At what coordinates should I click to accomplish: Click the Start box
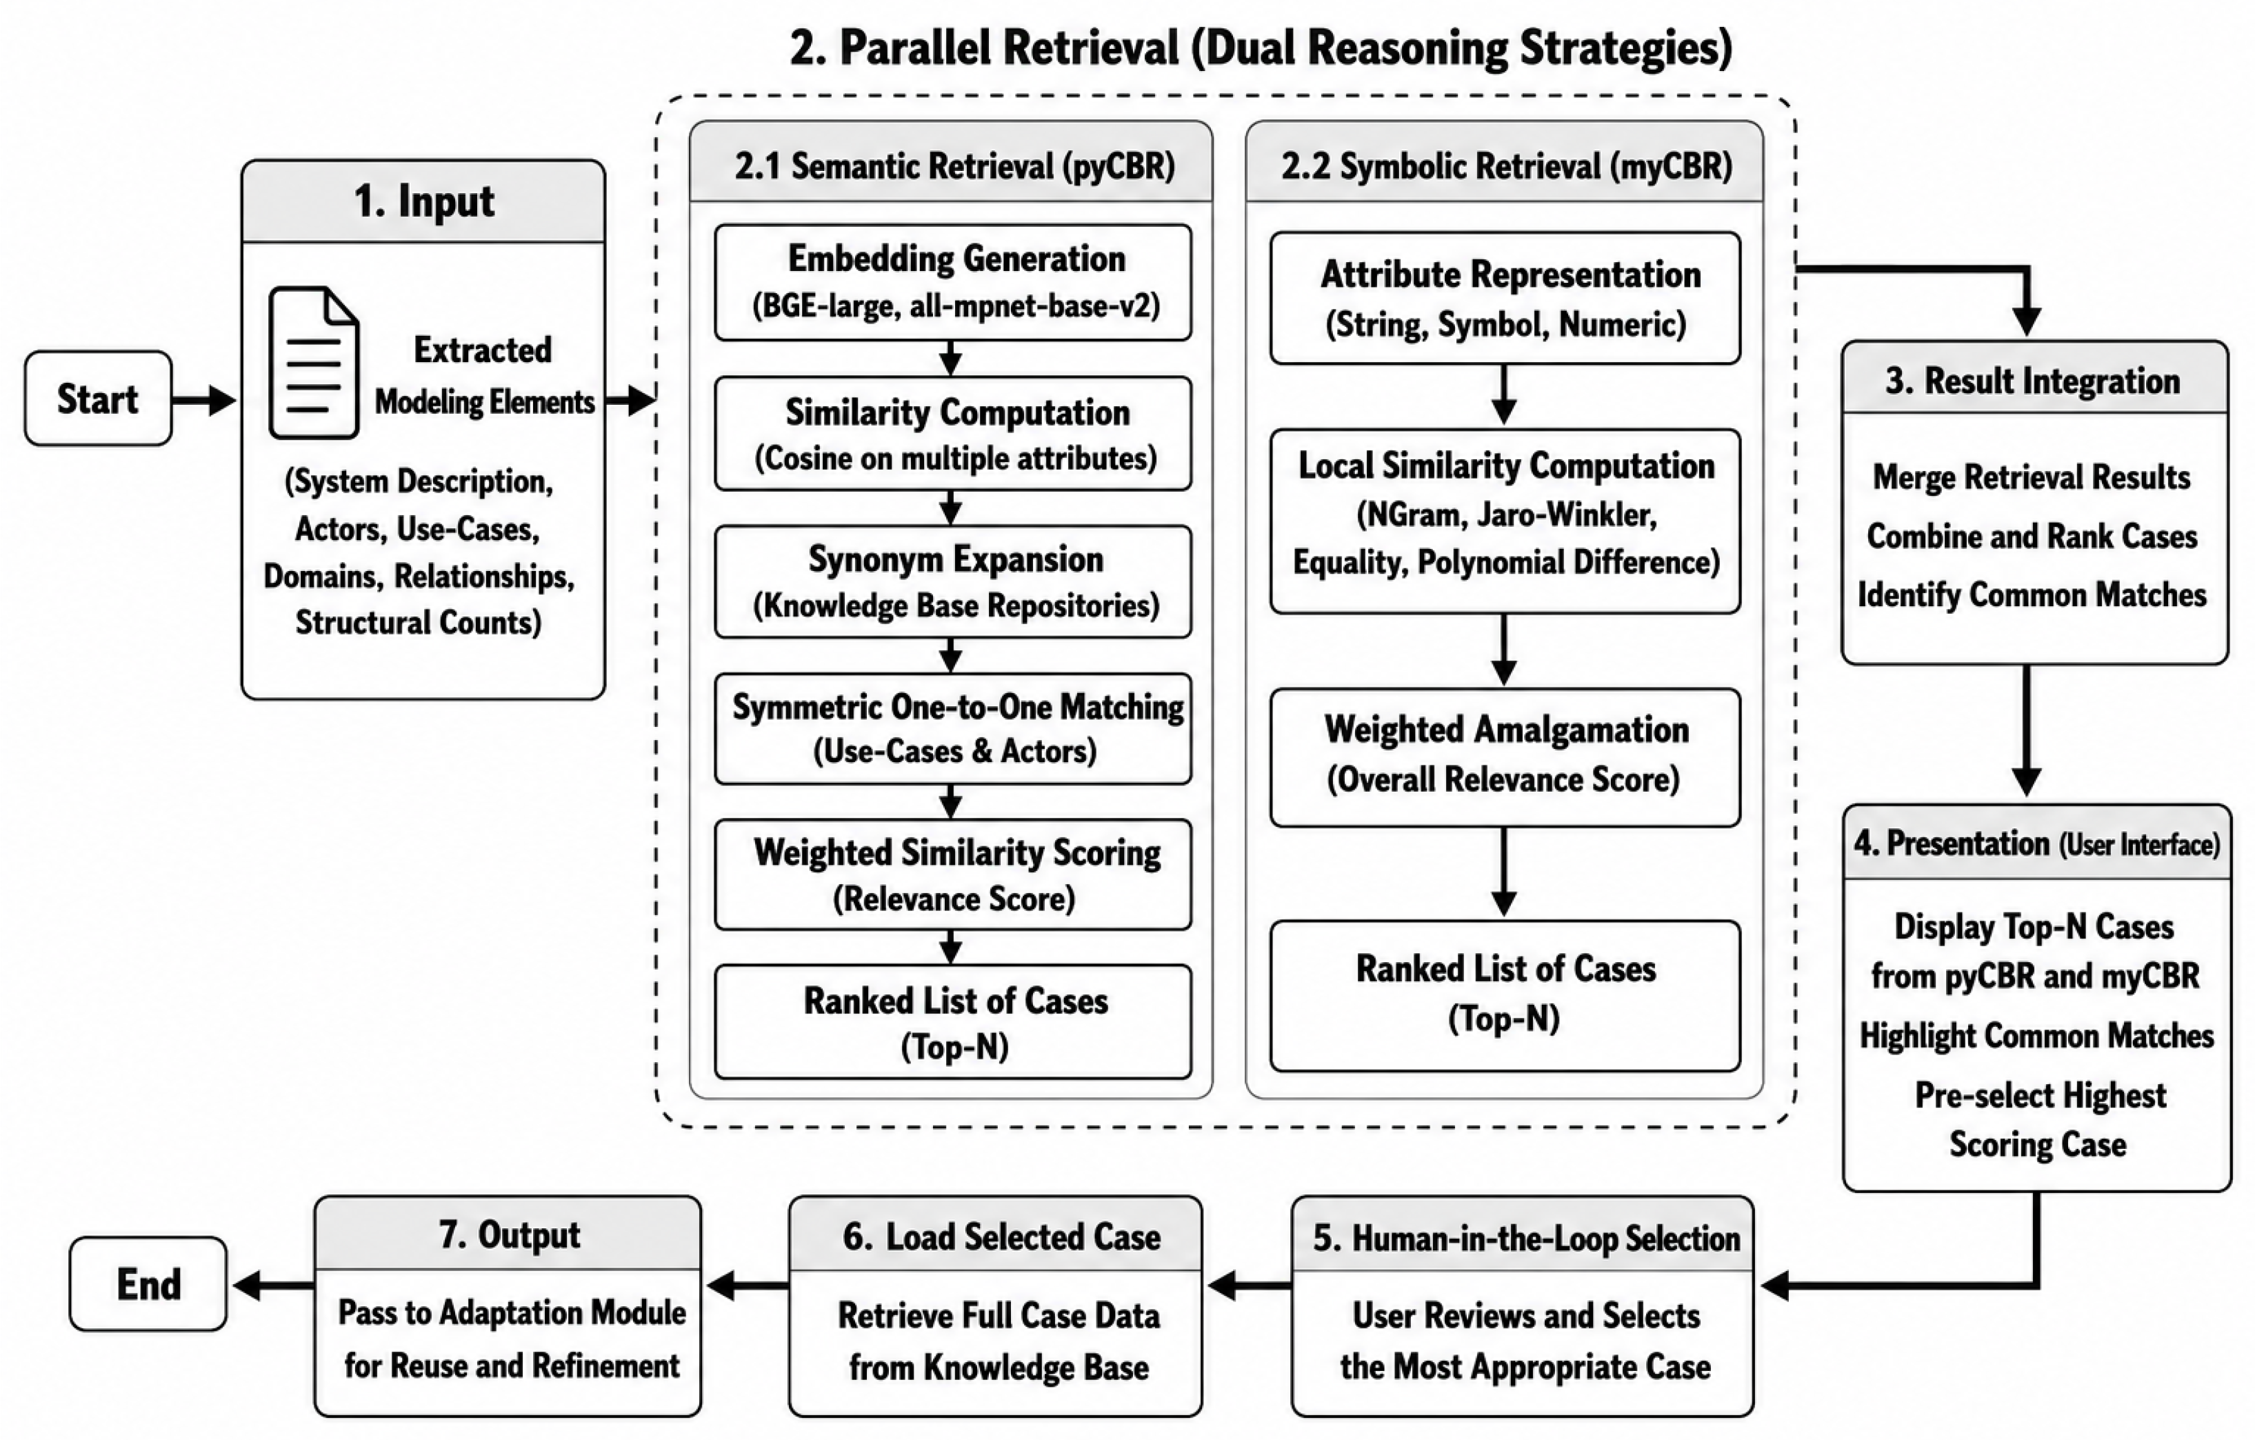click(x=99, y=398)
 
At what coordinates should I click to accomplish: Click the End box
click(x=148, y=1283)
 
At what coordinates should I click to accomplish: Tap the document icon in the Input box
click(x=314, y=362)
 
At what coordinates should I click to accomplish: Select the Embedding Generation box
click(x=953, y=282)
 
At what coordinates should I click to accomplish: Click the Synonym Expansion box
click(x=953, y=581)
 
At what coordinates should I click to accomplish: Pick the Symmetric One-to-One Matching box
click(x=953, y=728)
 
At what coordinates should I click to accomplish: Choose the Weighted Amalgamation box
click(x=1505, y=757)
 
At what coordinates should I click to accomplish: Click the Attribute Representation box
click(x=1505, y=298)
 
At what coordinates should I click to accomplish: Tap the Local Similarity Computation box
click(x=1505, y=521)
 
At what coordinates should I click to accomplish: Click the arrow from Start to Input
click(x=204, y=400)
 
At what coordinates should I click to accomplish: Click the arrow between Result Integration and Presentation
click(x=2027, y=730)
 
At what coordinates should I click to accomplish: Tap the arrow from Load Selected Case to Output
click(x=748, y=1286)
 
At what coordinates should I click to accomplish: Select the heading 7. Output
click(x=510, y=1235)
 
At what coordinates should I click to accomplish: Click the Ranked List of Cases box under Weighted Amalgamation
click(x=1505, y=995)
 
